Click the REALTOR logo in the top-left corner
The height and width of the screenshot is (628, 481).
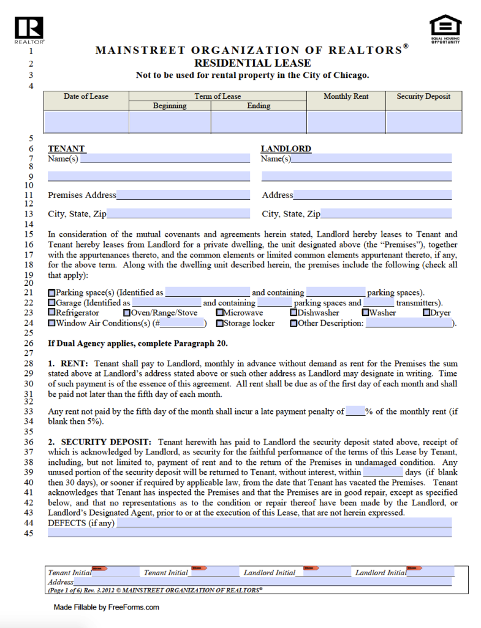coord(29,28)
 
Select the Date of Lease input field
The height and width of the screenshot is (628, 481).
coord(86,121)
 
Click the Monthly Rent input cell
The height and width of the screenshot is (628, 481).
coord(346,121)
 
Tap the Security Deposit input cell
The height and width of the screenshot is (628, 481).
coord(423,121)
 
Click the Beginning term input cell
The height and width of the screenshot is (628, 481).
coord(170,121)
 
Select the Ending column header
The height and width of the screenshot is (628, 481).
coord(259,105)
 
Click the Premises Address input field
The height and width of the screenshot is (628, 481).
coord(183,195)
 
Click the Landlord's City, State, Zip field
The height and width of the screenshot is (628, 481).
coord(386,214)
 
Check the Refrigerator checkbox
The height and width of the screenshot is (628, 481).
coord(51,313)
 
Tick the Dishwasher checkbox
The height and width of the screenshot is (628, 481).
coord(294,313)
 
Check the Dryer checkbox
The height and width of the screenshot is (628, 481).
coord(426,313)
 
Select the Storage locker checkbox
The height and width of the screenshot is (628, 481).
coord(219,323)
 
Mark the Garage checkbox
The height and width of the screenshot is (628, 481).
coord(51,303)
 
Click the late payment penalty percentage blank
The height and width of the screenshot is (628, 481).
coord(355,412)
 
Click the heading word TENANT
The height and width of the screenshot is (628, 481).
coord(66,148)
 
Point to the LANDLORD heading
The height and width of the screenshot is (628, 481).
coord(286,148)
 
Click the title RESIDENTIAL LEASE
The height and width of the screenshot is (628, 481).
coord(252,63)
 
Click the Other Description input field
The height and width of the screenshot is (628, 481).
coord(409,323)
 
